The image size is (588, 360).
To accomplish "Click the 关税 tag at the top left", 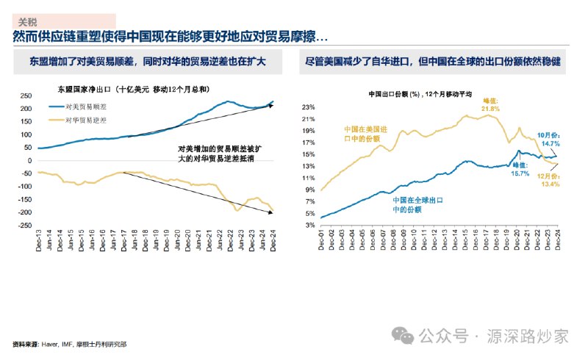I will point(28,22).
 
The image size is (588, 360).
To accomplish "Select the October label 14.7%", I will point(546,140).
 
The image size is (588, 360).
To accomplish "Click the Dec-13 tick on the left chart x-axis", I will point(39,237).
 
